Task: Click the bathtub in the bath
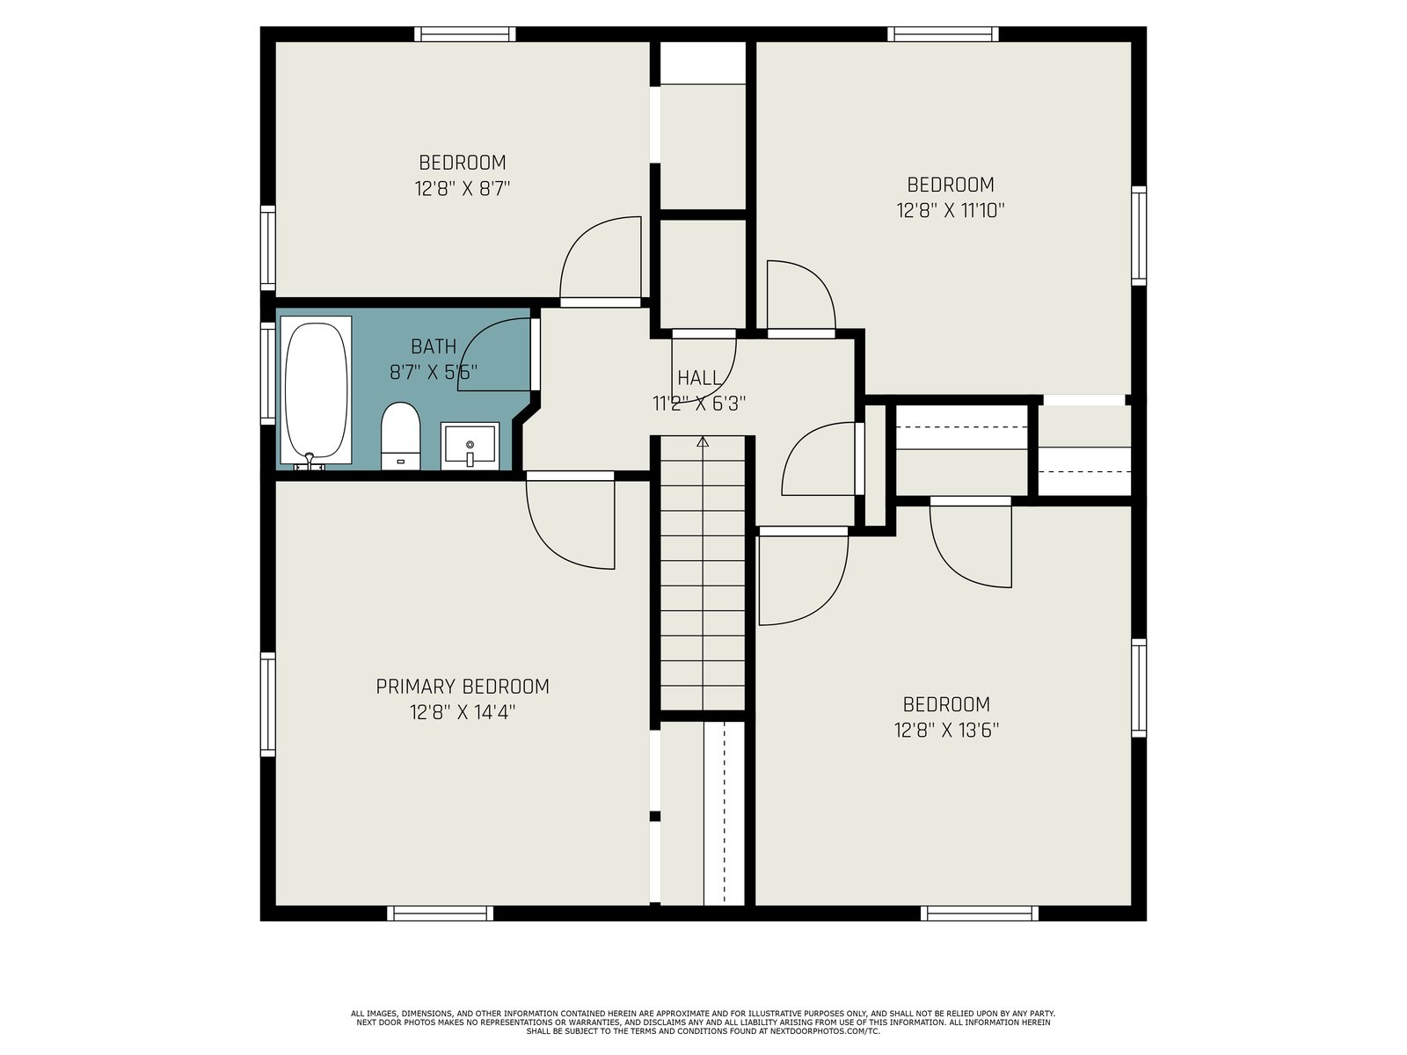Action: click(x=316, y=389)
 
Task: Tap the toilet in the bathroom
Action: click(x=400, y=435)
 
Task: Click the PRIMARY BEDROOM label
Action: click(x=463, y=687)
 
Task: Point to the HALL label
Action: click(x=699, y=378)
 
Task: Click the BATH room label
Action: click(x=434, y=346)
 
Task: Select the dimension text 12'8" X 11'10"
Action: click(x=950, y=210)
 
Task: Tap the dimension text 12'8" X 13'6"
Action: click(x=946, y=731)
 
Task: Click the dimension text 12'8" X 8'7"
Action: click(x=463, y=189)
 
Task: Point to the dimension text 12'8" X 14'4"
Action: click(x=463, y=712)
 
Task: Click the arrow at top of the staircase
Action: click(x=703, y=441)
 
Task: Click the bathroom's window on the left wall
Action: click(x=268, y=373)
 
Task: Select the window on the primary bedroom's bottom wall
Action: click(x=441, y=913)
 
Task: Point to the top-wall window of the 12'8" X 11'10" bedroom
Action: click(x=943, y=34)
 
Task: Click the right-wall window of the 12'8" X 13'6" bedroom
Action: click(x=1139, y=688)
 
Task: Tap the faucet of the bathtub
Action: click(x=310, y=461)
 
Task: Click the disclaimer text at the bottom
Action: click(x=703, y=1022)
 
